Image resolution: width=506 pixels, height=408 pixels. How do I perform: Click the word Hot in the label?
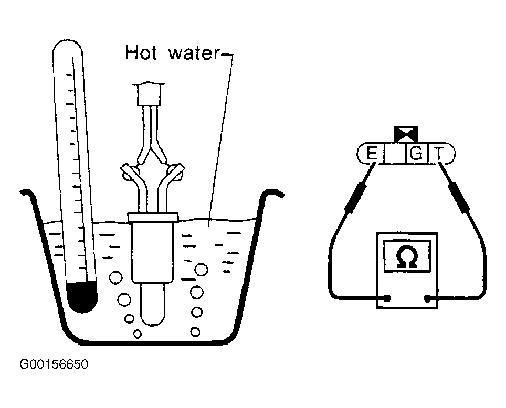point(140,53)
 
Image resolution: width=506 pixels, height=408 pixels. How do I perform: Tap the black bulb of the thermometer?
point(81,296)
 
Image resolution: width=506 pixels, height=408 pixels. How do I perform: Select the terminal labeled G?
point(416,154)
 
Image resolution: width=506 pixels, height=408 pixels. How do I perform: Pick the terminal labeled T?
point(440,154)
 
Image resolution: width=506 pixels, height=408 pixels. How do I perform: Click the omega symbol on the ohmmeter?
point(407,257)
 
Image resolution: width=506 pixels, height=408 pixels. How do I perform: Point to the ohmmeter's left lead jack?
point(387,299)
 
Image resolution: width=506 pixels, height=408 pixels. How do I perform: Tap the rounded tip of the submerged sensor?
point(153,315)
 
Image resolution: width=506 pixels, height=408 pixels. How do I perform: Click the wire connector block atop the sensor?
point(149,94)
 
